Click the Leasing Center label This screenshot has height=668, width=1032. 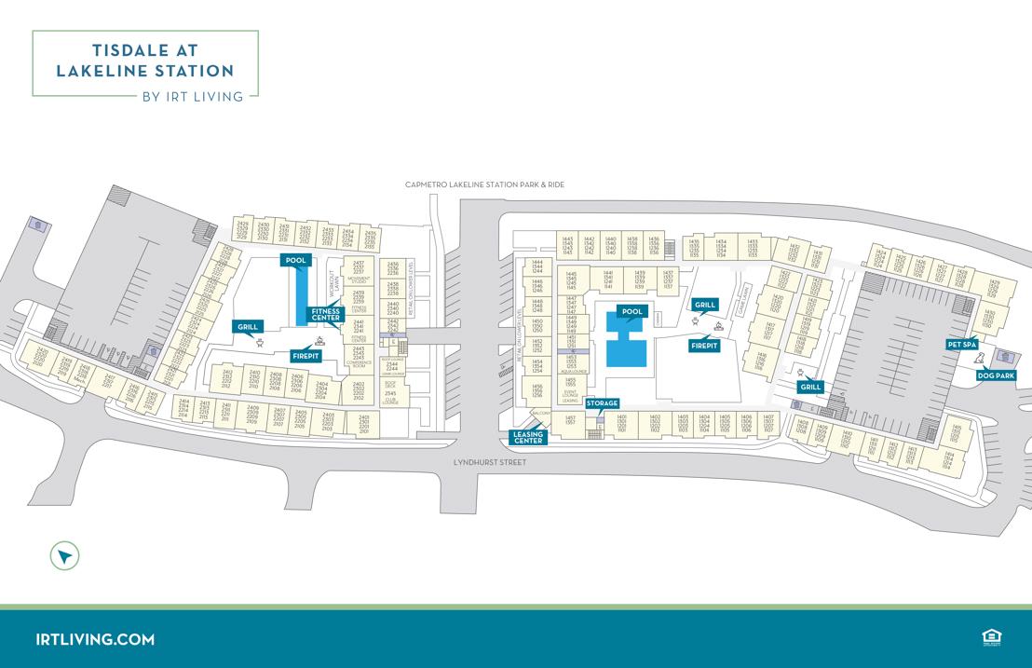528,437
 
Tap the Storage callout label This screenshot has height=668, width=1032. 603,403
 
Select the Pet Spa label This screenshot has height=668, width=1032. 962,345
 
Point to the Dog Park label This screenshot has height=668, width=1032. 996,375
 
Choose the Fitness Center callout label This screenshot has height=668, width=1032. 326,315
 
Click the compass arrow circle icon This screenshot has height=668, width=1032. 64,556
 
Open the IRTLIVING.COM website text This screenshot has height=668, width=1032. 95,639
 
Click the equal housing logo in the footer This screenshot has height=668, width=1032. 990,637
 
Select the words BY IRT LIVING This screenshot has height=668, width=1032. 192,95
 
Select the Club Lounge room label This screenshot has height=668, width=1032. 390,402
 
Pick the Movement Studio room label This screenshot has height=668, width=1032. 359,279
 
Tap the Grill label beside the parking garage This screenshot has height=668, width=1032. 810,387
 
